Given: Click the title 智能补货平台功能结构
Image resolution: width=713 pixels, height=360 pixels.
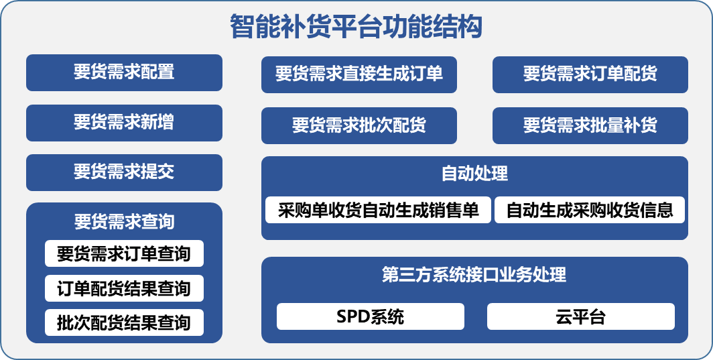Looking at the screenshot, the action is pyautogui.click(x=356, y=27).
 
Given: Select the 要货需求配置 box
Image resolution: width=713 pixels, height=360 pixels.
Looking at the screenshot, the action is pyautogui.click(x=124, y=73).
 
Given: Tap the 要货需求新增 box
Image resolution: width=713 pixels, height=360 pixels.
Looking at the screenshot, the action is pyautogui.click(x=124, y=123).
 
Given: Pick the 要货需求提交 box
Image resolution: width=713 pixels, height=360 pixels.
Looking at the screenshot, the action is pyautogui.click(x=124, y=172).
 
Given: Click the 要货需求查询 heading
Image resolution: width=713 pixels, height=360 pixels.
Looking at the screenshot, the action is pyautogui.click(x=124, y=222).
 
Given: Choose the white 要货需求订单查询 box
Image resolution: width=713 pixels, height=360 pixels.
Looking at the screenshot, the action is pyautogui.click(x=124, y=253).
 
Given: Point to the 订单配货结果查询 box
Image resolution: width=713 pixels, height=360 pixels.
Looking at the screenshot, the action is pyautogui.click(x=124, y=288).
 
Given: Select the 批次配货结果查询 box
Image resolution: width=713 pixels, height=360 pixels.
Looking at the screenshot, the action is pyautogui.click(x=124, y=322).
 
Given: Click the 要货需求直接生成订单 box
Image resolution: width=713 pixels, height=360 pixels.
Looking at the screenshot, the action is pyautogui.click(x=359, y=74).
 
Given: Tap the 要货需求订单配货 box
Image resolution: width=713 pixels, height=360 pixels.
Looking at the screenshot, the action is pyautogui.click(x=590, y=74).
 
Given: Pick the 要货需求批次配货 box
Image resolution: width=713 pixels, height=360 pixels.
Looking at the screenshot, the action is pyautogui.click(x=359, y=125).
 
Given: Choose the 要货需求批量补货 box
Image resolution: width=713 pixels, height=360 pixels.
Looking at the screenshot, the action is pyautogui.click(x=590, y=125).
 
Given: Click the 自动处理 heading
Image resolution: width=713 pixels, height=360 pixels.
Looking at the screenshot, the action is pyautogui.click(x=474, y=174).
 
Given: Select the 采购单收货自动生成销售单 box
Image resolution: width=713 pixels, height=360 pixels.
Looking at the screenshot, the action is pyautogui.click(x=379, y=210).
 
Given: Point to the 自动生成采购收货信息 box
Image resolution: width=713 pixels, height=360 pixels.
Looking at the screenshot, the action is pyautogui.click(x=590, y=210).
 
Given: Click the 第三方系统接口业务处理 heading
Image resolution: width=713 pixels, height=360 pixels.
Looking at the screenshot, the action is pyautogui.click(x=474, y=274).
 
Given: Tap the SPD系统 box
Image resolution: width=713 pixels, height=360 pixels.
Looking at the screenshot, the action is pyautogui.click(x=371, y=316).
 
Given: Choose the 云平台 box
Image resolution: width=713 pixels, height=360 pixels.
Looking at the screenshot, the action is pyautogui.click(x=581, y=316).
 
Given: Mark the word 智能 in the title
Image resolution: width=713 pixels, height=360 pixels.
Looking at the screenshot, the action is pyautogui.click(x=255, y=27).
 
